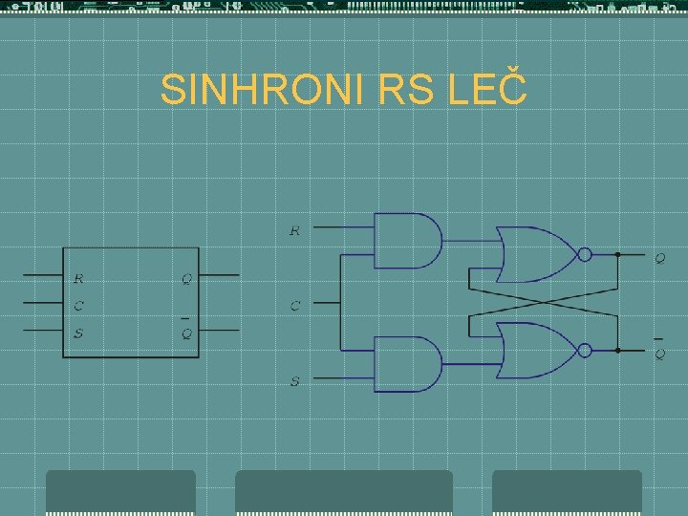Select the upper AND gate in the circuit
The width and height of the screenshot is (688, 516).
[406, 241]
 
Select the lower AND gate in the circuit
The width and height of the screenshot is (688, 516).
[406, 364]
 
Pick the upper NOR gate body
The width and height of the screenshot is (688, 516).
[535, 254]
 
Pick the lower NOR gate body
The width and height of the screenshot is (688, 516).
[535, 351]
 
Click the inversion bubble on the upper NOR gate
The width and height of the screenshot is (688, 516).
[585, 254]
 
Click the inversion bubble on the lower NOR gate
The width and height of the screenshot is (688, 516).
[585, 351]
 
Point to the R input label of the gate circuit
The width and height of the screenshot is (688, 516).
[294, 230]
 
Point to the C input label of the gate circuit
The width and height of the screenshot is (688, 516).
[294, 306]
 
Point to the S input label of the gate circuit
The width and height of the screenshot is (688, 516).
[294, 381]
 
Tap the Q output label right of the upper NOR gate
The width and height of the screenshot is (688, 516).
[659, 258]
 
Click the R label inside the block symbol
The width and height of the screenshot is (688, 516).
[78, 279]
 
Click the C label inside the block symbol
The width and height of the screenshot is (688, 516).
[78, 306]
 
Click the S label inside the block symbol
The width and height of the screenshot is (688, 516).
[78, 333]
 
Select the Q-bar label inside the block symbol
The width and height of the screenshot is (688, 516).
[186, 333]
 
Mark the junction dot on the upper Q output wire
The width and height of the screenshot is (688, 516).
[617, 255]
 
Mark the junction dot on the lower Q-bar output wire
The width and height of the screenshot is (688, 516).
[617, 351]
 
